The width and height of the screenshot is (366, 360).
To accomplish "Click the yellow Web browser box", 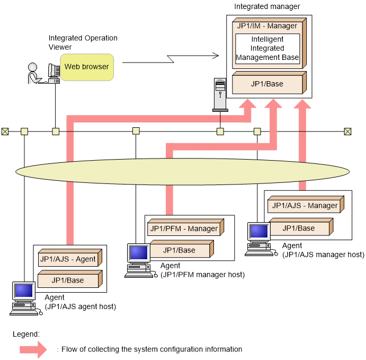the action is (87, 67).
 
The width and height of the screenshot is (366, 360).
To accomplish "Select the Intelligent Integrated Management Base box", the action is (267, 48).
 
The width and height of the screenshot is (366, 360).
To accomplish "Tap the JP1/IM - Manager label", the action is (267, 25).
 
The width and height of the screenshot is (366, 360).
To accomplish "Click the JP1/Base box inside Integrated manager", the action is (269, 83).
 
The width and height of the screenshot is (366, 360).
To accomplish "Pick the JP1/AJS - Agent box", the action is (70, 258).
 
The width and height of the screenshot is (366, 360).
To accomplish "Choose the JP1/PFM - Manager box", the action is (185, 227).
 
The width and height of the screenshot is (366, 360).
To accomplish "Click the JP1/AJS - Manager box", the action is (306, 205).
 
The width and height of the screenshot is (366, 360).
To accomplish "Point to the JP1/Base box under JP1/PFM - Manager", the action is (182, 249).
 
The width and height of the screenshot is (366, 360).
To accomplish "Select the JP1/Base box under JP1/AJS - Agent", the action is (70, 279).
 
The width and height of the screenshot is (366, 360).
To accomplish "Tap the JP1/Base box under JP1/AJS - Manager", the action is (301, 227).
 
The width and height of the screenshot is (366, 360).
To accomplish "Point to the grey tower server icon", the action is (220, 95).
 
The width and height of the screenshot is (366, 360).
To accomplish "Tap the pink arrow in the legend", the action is (33, 349).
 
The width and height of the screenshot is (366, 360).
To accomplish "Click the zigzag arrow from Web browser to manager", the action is (171, 59).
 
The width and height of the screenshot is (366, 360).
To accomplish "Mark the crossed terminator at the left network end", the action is (5, 131).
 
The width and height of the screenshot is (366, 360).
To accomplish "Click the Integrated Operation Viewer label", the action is (83, 42).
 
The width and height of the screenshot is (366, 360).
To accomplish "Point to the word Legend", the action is (26, 335).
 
